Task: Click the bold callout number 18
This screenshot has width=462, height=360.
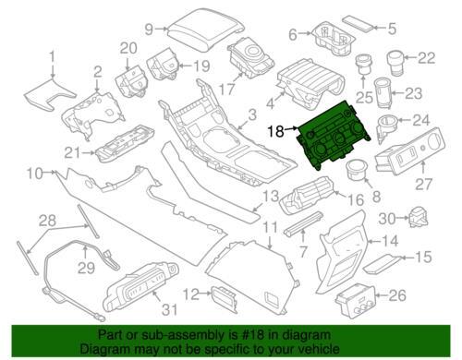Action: pos(276,131)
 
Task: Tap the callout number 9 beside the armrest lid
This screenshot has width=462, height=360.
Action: pos(149,30)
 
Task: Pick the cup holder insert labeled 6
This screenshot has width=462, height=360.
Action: pos(334,38)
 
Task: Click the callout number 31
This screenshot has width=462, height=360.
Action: pos(169,309)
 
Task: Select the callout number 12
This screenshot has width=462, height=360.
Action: pos(191,294)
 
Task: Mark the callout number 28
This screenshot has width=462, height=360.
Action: pos(47,221)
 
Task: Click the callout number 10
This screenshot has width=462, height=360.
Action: pos(34,174)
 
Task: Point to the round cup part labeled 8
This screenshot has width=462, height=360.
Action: pos(356,170)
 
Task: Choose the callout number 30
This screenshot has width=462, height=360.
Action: pos(387,219)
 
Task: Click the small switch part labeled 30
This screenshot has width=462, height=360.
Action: pos(418,217)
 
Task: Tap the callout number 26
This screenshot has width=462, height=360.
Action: pos(397,295)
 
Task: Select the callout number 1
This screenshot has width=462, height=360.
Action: pos(52,56)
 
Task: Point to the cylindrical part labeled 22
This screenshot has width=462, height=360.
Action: pos(395,64)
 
